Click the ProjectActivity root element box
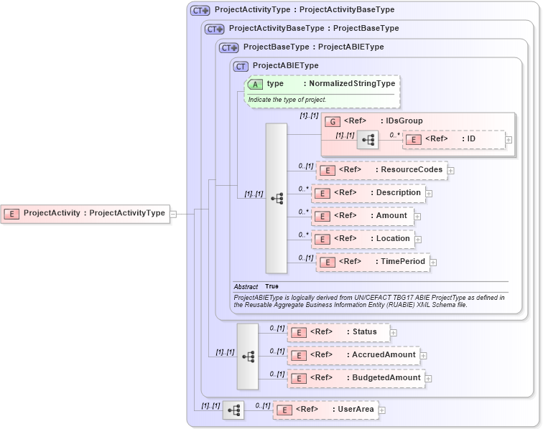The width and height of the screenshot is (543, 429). point(86,213)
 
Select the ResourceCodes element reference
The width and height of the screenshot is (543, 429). point(381,170)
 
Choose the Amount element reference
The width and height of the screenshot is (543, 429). point(363,216)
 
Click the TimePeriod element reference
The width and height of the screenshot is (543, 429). point(373,262)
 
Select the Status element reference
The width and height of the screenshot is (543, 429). point(338,332)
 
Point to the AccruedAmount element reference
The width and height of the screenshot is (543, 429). point(353,355)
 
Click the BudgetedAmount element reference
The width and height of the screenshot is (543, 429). point(356,378)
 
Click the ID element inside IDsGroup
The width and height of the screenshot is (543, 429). point(453,139)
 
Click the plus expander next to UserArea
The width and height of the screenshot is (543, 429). point(382,410)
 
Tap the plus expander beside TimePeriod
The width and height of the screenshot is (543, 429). point(434,263)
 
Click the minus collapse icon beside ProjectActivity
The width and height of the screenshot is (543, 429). point(173,213)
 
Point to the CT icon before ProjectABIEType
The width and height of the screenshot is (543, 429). point(241,66)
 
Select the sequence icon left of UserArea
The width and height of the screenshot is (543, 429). point(233,410)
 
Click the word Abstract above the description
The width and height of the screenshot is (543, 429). point(246,286)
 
